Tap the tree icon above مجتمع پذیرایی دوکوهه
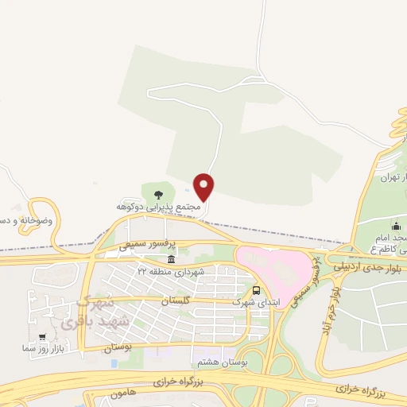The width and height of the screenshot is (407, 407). [x=158, y=193]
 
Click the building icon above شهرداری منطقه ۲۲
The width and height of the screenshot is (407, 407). [x=171, y=260]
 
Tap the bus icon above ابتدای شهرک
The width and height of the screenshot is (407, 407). [x=256, y=291]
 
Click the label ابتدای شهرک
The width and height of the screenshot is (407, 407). [x=252, y=302]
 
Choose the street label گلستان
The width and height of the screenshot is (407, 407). [x=176, y=301]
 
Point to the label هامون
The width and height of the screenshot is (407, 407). [x=124, y=393]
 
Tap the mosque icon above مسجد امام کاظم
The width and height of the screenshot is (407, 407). [x=397, y=227]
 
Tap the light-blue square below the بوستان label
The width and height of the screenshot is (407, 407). [x=114, y=363]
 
